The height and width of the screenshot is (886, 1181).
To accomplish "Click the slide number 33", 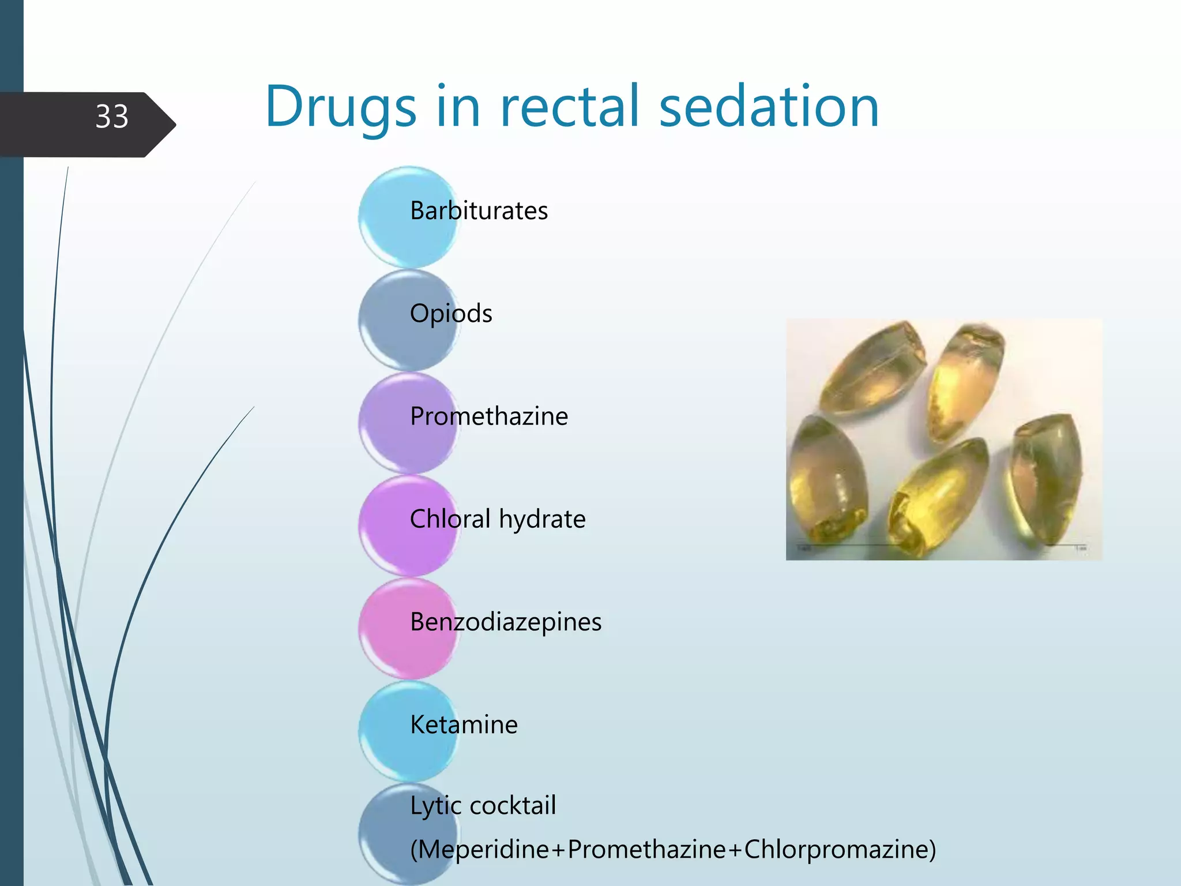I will point(112,117).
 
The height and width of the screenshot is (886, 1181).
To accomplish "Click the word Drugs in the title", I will point(340,107).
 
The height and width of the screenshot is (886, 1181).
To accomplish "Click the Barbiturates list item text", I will point(479,211).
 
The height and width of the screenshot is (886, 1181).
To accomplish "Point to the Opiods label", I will point(451,314).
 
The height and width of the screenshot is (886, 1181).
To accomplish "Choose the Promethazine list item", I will point(489,416).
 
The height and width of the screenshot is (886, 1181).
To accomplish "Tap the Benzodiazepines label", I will point(506,622).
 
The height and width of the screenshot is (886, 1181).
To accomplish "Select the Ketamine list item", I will point(464,725).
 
